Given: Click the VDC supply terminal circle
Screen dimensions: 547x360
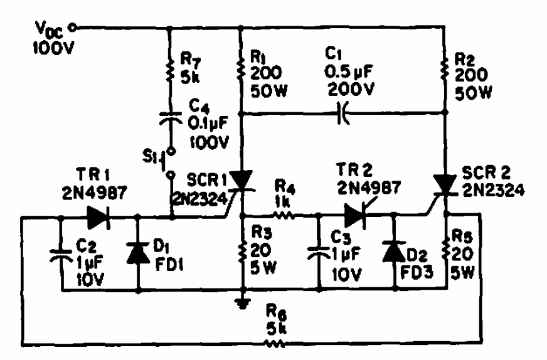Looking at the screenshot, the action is click(73, 27).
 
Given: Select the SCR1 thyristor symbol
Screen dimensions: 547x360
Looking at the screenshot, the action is click(242, 181).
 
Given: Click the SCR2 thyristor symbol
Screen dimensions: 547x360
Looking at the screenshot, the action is click(444, 184).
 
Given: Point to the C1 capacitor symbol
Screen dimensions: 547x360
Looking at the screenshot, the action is click(343, 113).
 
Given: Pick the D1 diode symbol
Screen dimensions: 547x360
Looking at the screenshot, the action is click(138, 252).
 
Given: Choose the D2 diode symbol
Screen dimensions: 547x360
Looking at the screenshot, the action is click(394, 251).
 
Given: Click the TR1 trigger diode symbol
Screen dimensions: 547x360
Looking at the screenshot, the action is click(98, 218).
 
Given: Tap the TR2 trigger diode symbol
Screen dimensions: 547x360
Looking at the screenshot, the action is click(356, 216).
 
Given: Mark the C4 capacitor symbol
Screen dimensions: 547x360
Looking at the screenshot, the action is click(170, 118).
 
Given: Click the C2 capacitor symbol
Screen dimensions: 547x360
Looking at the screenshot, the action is click(61, 255).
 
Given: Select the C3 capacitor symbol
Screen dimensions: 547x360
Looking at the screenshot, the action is click(318, 253).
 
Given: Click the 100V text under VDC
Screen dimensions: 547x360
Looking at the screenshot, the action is click(53, 47).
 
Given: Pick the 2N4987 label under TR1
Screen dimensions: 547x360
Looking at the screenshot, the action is click(94, 193).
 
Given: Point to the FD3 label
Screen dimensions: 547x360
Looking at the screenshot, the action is click(417, 272).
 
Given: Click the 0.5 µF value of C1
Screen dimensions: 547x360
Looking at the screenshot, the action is click(349, 72).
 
